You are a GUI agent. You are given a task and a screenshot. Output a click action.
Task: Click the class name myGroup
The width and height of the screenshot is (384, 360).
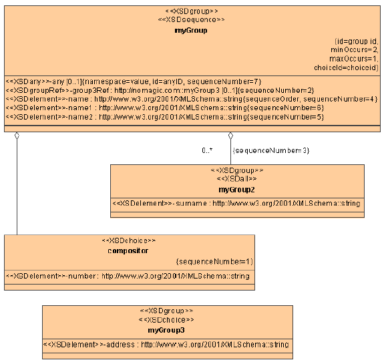[191, 30]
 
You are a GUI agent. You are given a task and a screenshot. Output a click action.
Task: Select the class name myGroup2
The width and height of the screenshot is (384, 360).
[237, 190]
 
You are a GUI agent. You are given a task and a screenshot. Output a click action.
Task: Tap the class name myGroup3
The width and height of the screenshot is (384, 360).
[166, 330]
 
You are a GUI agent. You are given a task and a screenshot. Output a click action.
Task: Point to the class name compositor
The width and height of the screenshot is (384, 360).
[129, 250]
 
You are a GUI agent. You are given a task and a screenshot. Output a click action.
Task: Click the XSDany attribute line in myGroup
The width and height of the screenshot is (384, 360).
[133, 80]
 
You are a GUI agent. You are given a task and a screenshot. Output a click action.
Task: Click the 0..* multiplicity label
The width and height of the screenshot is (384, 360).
[208, 150]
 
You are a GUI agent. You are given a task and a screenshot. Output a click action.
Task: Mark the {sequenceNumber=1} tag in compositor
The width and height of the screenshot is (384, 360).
[214, 262]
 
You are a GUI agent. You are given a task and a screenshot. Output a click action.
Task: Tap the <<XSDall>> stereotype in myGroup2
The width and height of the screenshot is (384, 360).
[237, 180]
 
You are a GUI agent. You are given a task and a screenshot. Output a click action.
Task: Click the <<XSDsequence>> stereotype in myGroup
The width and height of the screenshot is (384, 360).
[191, 20]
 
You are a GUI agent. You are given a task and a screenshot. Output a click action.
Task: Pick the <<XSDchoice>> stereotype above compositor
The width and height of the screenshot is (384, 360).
[129, 240]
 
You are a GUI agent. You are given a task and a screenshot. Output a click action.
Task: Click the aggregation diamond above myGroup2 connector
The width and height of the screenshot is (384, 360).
[231, 136]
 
